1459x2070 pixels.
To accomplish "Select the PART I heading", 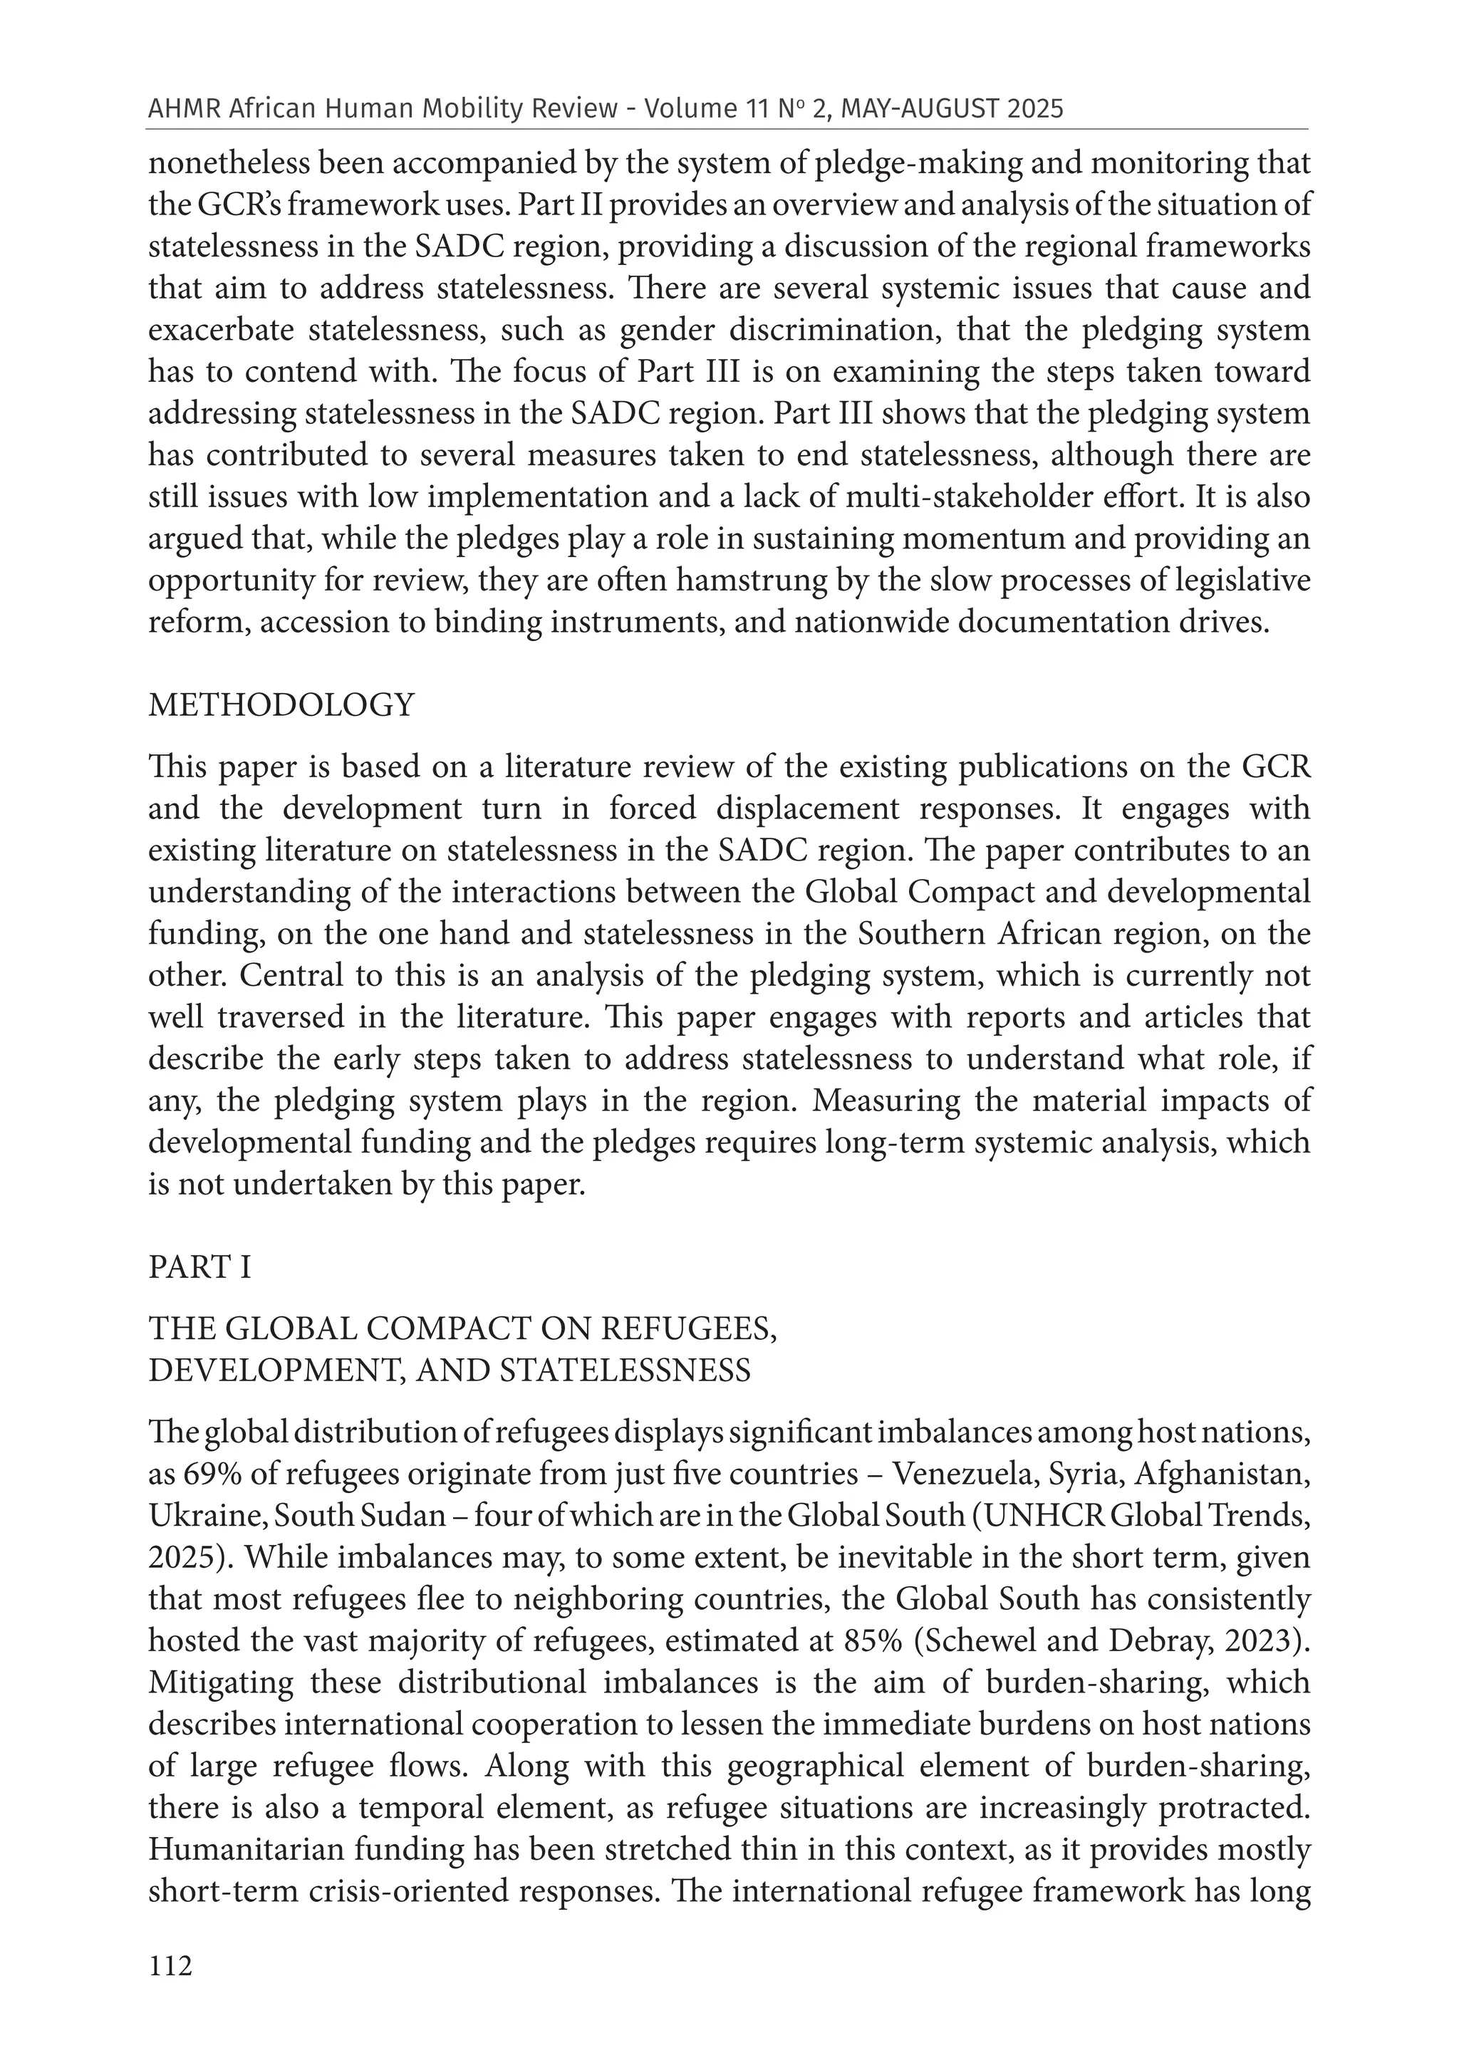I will [199, 1267].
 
